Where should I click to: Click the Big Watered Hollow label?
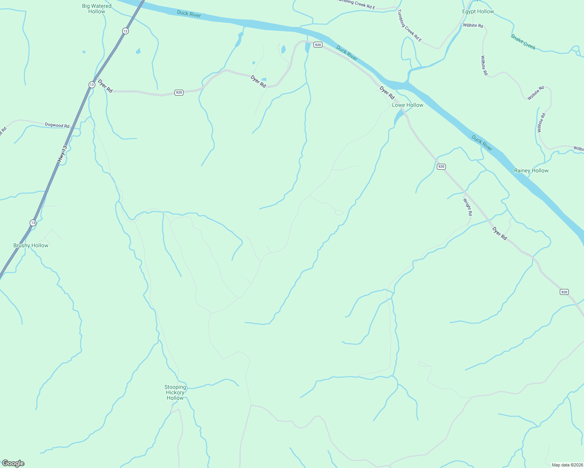point(97,9)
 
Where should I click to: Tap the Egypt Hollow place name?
point(478,11)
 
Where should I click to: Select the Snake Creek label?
point(523,42)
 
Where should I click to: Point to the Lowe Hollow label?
point(408,105)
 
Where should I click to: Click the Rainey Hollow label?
point(531,170)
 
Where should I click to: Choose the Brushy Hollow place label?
point(31,245)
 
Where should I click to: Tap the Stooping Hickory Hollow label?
point(175,392)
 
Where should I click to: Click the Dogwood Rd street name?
point(57,125)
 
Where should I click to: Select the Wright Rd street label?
point(468,207)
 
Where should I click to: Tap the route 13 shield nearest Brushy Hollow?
point(33,223)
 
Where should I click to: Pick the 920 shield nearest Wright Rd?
point(441,167)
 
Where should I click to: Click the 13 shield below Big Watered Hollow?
point(125,31)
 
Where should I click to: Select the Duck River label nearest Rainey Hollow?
point(482,143)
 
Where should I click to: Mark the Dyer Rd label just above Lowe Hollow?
point(387,93)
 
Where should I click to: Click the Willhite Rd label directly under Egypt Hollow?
point(473,25)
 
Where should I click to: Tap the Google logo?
point(13,463)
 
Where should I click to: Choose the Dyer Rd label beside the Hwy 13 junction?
point(105,86)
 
